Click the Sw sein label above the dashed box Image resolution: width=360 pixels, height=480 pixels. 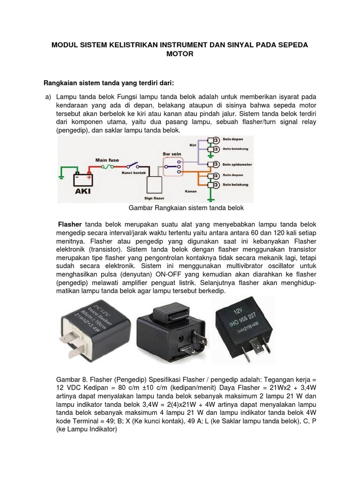pos(171,153)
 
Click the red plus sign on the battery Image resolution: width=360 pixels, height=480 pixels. pos(89,178)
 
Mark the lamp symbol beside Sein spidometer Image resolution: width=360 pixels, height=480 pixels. pos(213,165)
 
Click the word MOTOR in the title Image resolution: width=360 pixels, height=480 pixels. pos(180,54)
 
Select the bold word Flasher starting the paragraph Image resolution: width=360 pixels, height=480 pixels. pos(69,223)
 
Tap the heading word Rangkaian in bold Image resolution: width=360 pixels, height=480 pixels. pos(61,83)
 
